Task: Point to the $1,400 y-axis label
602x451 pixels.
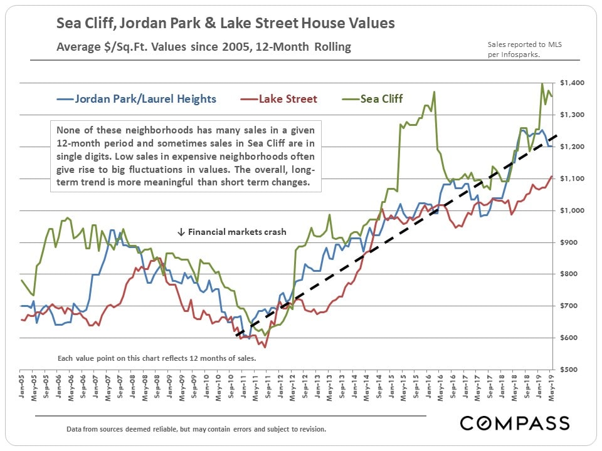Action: (x=573, y=83)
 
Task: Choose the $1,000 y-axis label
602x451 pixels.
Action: (x=573, y=210)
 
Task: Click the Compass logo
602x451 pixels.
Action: (x=515, y=423)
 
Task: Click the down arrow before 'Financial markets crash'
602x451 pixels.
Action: (x=181, y=232)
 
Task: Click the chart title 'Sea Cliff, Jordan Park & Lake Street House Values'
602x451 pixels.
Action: (x=226, y=24)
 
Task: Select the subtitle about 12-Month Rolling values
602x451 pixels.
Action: (x=204, y=47)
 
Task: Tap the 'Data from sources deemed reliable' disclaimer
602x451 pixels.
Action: (x=196, y=430)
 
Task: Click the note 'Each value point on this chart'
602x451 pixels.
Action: (x=157, y=358)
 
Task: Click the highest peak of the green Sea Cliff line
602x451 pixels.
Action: (x=542, y=83)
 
